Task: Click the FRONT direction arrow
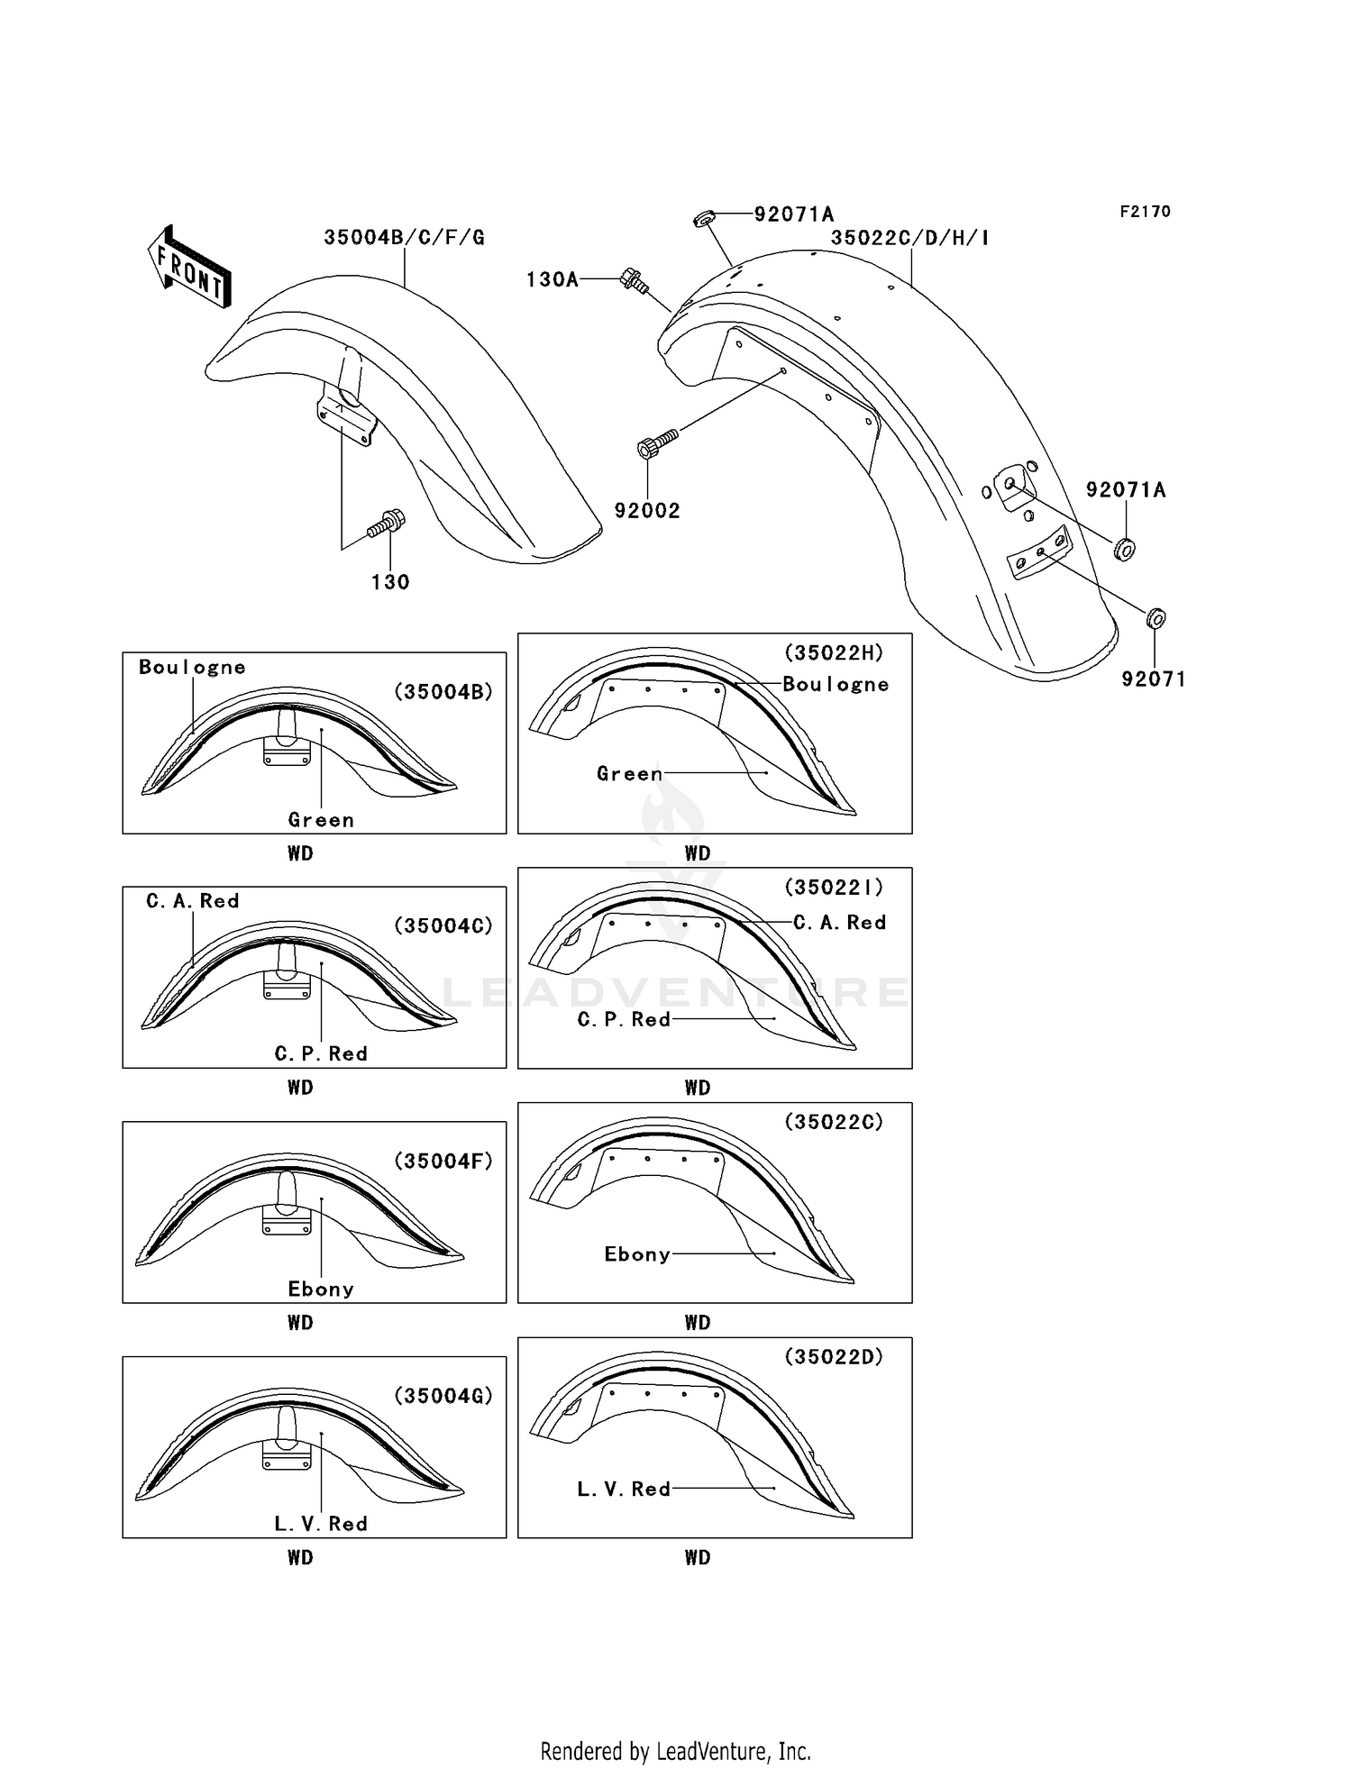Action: (x=189, y=267)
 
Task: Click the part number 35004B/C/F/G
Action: (x=404, y=238)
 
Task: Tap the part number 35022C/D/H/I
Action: (x=909, y=238)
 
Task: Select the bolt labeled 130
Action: (x=388, y=524)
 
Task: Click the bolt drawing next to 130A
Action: (x=634, y=280)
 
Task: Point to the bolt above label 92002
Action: (x=656, y=444)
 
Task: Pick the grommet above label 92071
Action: (x=1156, y=618)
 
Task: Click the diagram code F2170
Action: (x=1145, y=212)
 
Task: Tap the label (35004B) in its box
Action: (x=443, y=692)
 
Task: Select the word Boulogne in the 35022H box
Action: (x=835, y=685)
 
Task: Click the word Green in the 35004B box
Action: (x=321, y=820)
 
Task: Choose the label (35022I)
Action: (x=833, y=888)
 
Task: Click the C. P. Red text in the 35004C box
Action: (x=321, y=1054)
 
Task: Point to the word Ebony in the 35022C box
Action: (x=636, y=1254)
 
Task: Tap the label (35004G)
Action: (x=443, y=1396)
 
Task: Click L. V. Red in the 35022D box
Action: (x=624, y=1490)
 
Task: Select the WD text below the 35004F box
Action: (x=300, y=1323)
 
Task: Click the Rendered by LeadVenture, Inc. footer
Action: (x=675, y=1751)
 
